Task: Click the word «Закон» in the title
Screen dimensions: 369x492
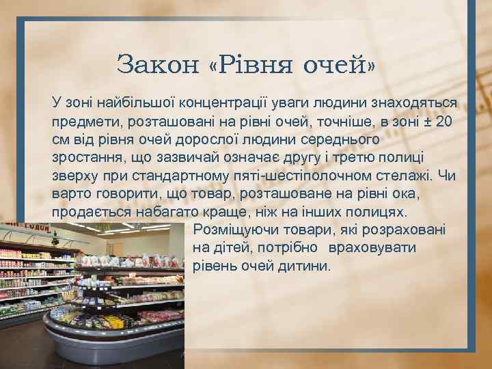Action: (156, 65)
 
